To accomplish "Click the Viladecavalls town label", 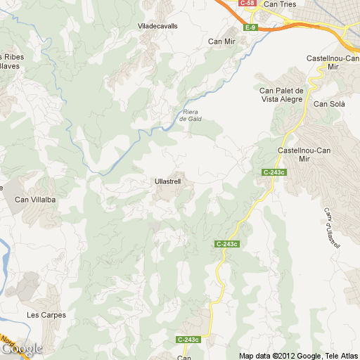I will tap(158, 26).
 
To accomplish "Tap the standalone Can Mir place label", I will tap(221, 41).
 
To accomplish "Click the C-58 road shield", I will tap(247, 4).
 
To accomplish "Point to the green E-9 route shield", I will tap(250, 27).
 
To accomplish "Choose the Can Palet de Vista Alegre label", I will tap(281, 94).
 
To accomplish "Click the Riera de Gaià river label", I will tap(191, 115).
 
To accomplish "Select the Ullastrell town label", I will tap(167, 181).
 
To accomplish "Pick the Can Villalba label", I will tap(35, 200).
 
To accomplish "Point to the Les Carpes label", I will tap(46, 315).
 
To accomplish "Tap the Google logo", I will tap(21, 349).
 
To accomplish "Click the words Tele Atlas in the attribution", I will tap(340, 355).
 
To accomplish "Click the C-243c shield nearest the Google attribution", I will tap(188, 340).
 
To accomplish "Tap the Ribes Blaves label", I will tap(10, 61).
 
